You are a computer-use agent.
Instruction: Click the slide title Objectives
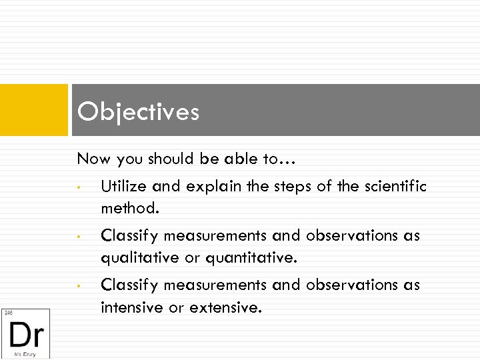138,111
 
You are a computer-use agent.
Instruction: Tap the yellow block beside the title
34,110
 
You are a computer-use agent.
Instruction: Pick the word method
130,208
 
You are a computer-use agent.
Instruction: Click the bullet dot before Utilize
79,187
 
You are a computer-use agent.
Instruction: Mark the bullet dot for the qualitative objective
79,237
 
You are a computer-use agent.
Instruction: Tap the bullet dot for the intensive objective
79,286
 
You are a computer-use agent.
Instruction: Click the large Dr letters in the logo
26,333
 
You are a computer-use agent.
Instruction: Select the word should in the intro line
169,159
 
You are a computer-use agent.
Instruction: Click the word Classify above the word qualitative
129,236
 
